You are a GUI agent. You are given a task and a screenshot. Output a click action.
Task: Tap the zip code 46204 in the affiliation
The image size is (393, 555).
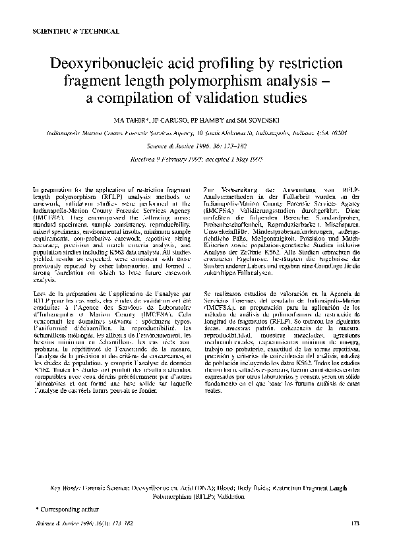point(344,132)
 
